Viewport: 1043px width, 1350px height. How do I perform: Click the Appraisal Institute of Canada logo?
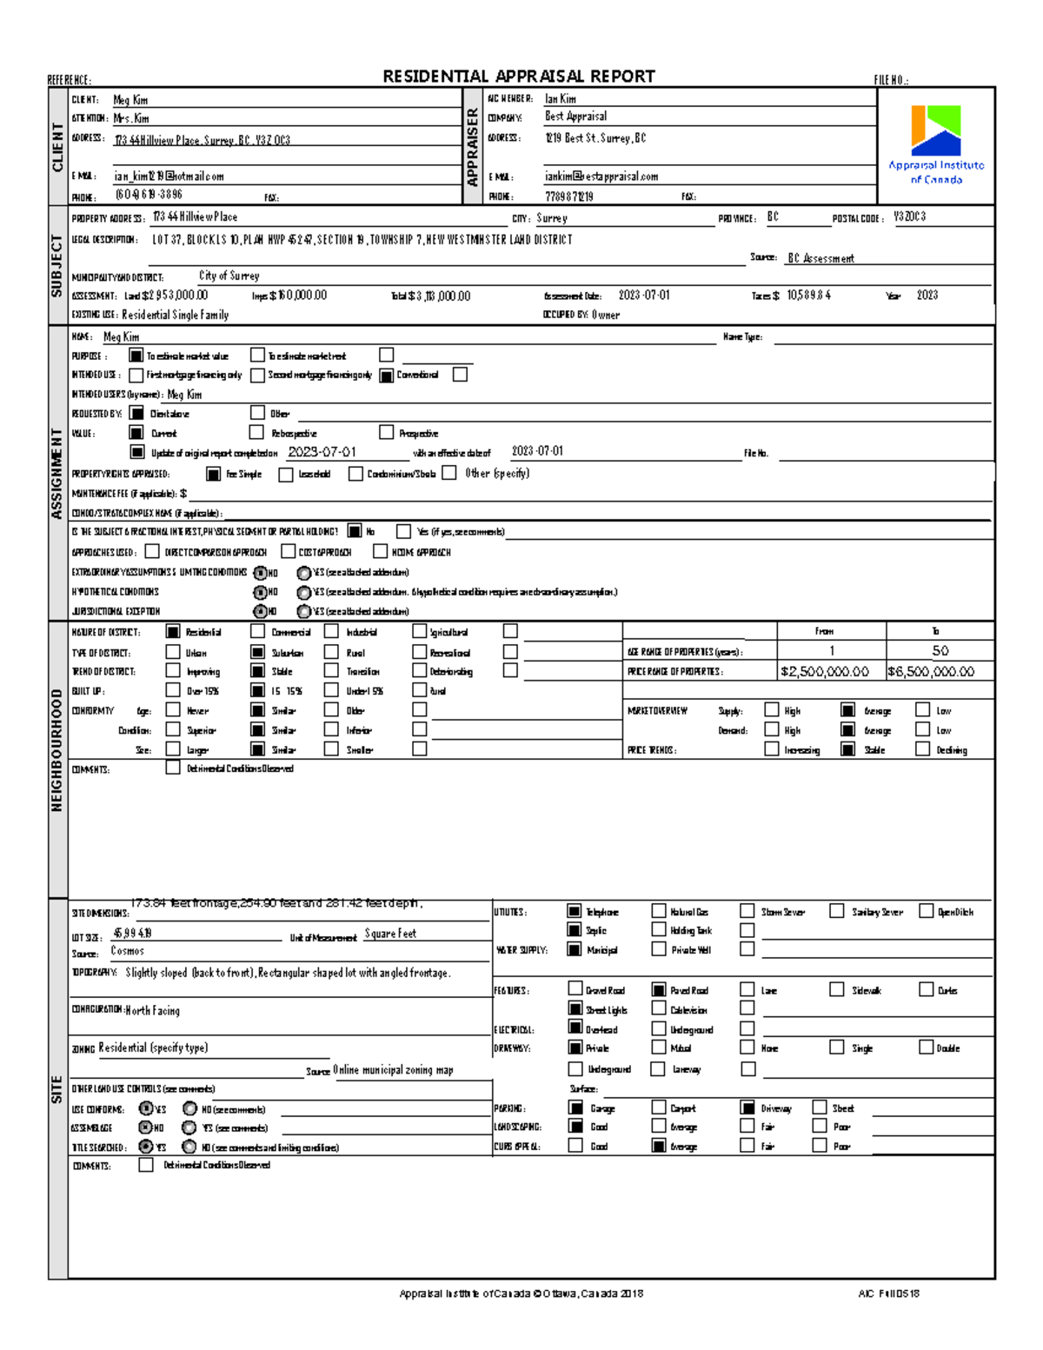[x=935, y=143]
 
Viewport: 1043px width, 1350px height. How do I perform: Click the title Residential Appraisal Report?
[x=519, y=76]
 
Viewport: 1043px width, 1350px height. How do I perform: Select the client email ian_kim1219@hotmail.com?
[x=169, y=176]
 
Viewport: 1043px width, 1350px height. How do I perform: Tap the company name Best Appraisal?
[x=575, y=116]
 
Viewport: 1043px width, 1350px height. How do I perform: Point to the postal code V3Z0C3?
[x=909, y=217]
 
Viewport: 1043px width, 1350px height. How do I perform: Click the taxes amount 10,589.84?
[x=808, y=296]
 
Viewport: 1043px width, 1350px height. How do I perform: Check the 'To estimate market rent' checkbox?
[x=257, y=355]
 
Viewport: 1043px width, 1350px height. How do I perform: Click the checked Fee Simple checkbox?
[x=213, y=474]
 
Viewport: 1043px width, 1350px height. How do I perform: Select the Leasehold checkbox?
[x=285, y=474]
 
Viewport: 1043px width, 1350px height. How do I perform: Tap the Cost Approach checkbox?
[x=289, y=551]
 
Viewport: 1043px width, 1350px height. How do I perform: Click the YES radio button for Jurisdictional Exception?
[x=303, y=611]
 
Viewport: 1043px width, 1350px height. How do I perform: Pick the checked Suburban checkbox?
[x=257, y=652]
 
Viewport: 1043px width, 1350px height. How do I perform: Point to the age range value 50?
[x=940, y=651]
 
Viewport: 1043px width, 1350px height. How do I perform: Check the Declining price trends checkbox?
[x=922, y=749]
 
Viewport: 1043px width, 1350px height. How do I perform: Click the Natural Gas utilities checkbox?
[x=659, y=911]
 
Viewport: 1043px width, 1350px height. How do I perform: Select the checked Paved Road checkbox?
[x=659, y=989]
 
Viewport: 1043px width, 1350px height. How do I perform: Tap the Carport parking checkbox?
[x=659, y=1107]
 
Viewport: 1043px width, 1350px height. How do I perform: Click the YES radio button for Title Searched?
[x=146, y=1147]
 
